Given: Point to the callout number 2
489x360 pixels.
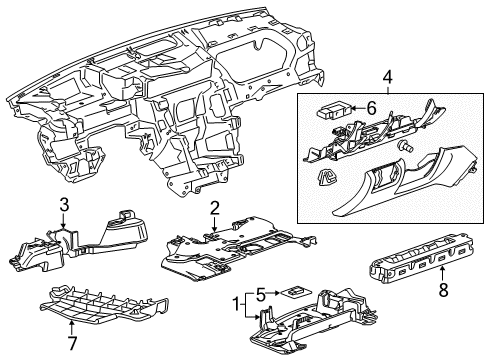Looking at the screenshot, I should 214,208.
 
